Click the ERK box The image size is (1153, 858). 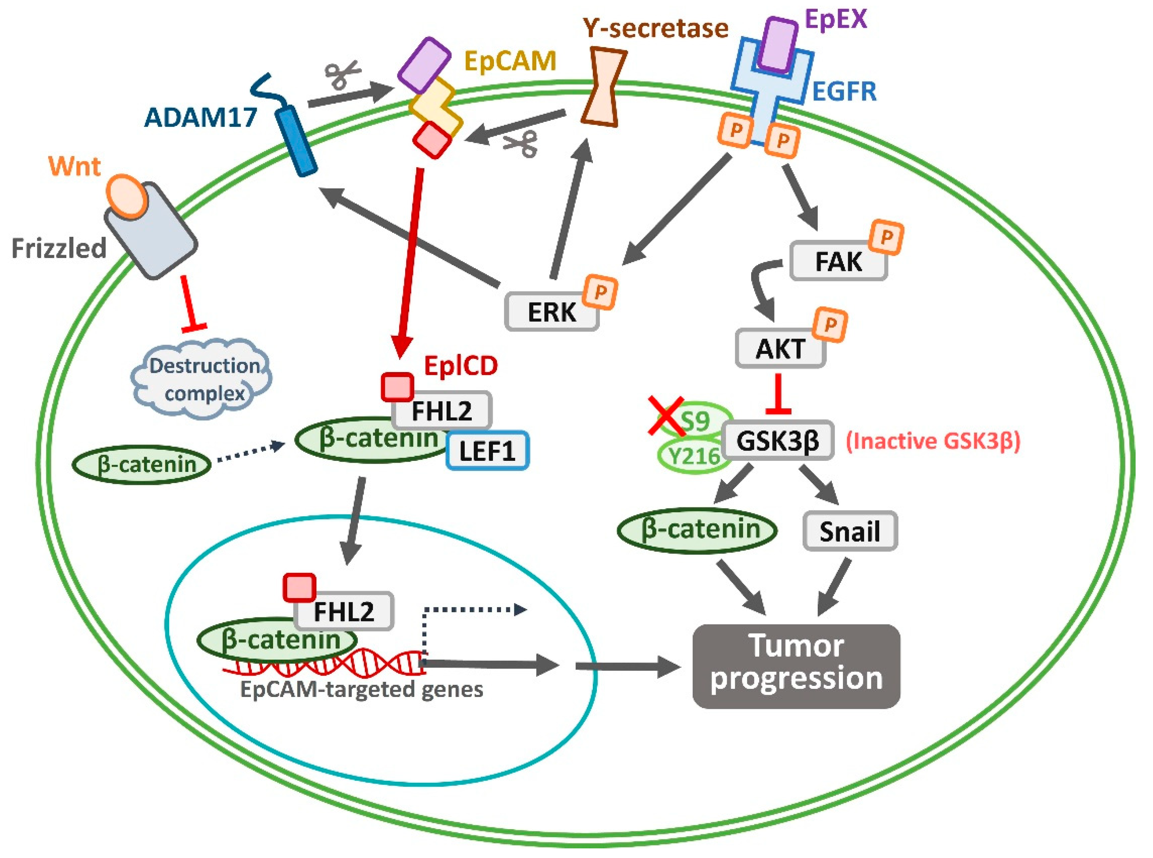(551, 312)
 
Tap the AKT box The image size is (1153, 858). (780, 349)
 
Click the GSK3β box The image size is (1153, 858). (778, 441)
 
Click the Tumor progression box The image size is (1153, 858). (796, 666)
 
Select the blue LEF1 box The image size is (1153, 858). (487, 451)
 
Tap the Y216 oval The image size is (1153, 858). (693, 456)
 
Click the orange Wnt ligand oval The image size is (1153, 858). (127, 196)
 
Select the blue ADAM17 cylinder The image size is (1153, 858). (296, 140)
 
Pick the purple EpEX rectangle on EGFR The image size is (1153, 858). (777, 44)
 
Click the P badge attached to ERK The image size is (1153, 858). (600, 292)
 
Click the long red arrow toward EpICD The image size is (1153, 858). (410, 260)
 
